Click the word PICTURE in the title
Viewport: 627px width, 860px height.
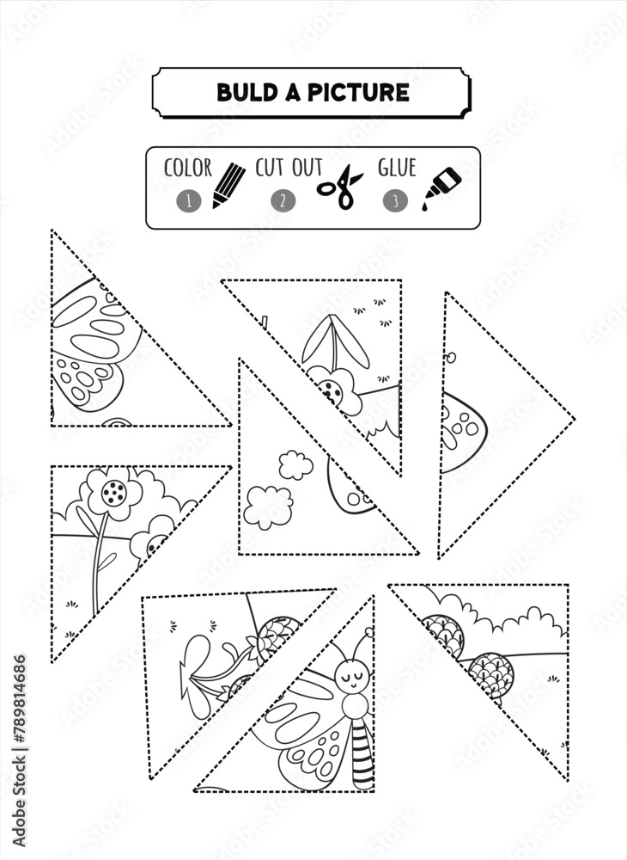(358, 92)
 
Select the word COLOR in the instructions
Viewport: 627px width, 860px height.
(188, 168)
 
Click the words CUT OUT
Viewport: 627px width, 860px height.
(289, 168)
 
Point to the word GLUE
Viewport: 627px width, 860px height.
(397, 168)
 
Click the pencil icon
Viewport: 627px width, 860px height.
(228, 186)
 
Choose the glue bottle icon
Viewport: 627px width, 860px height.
(441, 188)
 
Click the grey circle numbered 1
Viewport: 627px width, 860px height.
(188, 200)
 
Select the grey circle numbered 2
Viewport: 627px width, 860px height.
(283, 200)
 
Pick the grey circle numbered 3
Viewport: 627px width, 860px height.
(395, 200)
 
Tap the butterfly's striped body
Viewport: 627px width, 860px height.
(362, 752)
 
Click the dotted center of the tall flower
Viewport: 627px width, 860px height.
(114, 492)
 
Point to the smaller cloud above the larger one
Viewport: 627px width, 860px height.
(295, 465)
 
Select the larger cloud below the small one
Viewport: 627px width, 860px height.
(268, 507)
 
